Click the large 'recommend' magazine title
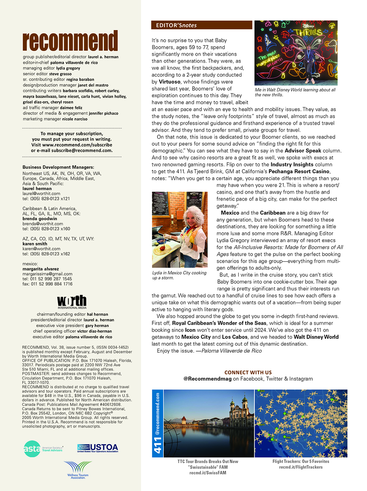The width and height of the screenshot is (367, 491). [70, 41]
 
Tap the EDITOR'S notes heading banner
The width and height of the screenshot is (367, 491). [201, 25]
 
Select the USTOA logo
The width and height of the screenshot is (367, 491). [98, 448]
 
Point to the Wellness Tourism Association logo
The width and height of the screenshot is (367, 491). [78, 470]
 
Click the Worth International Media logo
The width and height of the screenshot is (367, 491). [72, 302]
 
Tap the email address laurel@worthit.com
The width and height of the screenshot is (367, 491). [41, 193]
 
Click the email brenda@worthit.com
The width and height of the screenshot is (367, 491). [43, 223]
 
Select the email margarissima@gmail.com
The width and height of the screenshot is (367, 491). [47, 274]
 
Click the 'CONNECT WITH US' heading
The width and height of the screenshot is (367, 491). [248, 372]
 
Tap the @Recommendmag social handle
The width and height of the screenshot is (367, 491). [207, 379]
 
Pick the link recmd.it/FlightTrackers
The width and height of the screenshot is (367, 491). [301, 467]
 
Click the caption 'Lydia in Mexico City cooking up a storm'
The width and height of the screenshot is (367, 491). [179, 275]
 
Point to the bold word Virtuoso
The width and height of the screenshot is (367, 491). [170, 82]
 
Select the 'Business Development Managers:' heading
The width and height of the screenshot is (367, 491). [58, 167]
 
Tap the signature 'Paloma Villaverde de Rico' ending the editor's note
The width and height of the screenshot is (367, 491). [232, 351]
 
